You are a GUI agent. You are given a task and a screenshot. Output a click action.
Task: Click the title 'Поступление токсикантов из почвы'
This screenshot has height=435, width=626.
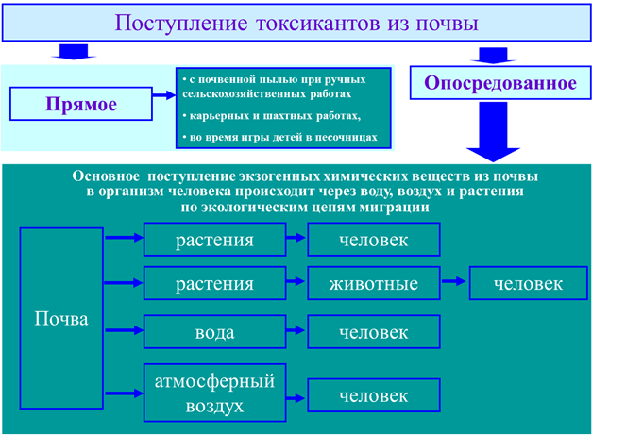click(296, 23)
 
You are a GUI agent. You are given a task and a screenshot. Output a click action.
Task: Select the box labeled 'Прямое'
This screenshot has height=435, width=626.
click(81, 104)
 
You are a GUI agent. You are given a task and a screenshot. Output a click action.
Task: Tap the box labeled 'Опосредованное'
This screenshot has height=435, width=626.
click(500, 83)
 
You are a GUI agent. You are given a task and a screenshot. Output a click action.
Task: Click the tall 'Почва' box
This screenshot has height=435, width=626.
click(61, 318)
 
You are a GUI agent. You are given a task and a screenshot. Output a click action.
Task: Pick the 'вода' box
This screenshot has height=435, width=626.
click(214, 331)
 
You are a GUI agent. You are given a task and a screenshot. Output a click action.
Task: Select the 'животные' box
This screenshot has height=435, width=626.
click(374, 283)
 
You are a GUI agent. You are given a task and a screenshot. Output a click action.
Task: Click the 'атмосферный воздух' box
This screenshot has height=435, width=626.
click(214, 393)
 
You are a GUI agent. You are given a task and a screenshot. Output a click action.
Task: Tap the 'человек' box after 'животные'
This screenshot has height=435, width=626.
click(528, 283)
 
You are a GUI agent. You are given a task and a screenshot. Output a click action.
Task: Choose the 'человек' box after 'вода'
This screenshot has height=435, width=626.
click(374, 331)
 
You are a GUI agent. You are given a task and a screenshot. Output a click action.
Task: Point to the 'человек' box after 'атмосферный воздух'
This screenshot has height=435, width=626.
click(374, 395)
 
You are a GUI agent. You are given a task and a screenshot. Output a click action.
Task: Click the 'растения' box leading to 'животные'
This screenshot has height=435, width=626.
click(214, 283)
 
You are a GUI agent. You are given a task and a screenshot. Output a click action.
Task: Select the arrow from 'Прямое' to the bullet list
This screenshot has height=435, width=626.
click(164, 95)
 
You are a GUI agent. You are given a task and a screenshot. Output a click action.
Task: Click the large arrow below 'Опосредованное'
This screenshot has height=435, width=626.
click(493, 132)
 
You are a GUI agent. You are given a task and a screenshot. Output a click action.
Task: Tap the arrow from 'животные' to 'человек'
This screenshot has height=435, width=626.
click(454, 281)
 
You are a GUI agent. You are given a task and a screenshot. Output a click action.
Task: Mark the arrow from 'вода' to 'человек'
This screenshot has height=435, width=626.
click(296, 330)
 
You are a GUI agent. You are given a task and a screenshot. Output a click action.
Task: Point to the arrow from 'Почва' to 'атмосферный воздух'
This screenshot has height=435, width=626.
click(125, 393)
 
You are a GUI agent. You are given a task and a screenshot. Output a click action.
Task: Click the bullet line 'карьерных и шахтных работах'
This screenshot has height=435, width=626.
click(272, 116)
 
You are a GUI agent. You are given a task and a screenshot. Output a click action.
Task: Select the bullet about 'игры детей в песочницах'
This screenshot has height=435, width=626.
click(279, 137)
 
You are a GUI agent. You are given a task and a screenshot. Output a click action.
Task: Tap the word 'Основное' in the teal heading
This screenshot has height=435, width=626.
click(106, 176)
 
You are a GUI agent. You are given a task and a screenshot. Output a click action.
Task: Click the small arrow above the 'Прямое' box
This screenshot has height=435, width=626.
click(74, 52)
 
